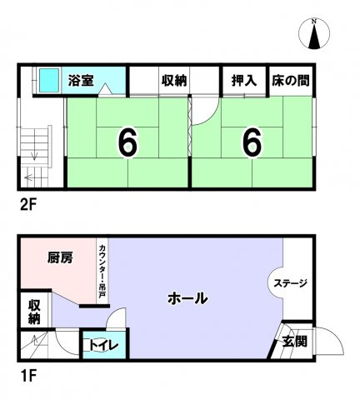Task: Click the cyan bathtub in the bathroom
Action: [x=45, y=81]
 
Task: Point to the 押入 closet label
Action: [x=243, y=81]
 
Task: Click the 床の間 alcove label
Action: [x=291, y=81]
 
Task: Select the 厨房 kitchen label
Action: [x=60, y=257]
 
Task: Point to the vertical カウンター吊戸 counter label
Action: [x=101, y=270]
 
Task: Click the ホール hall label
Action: [x=187, y=298]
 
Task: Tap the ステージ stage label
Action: [x=291, y=284]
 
